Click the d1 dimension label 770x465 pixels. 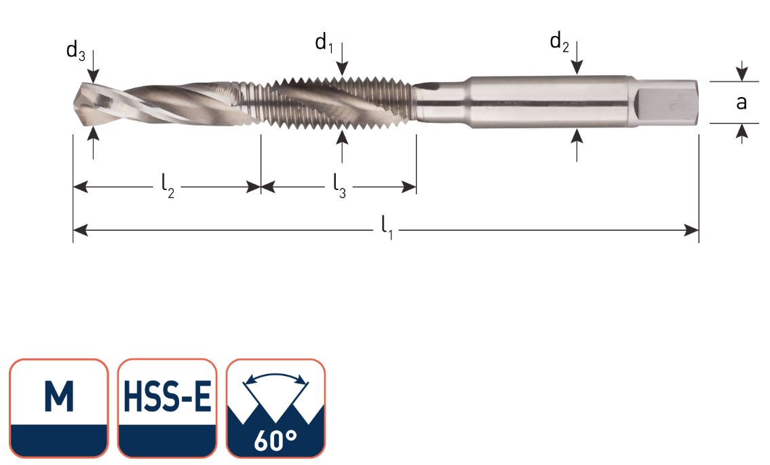[324, 43]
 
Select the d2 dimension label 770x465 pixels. [559, 43]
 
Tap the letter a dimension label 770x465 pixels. [742, 103]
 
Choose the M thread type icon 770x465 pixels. [59, 408]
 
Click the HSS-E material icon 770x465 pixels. [168, 408]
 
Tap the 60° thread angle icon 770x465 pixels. [275, 408]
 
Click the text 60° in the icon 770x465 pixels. [275, 440]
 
